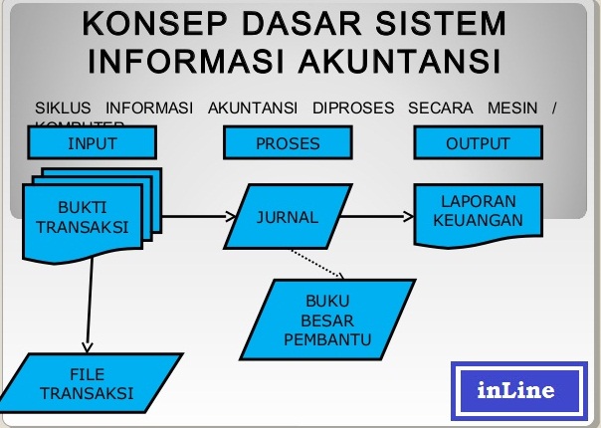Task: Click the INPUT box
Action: tap(92, 143)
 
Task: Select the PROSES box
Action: tap(288, 143)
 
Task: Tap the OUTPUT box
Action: tap(477, 143)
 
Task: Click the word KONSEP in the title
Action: tap(147, 22)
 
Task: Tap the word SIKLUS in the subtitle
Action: tap(63, 107)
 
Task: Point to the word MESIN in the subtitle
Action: tap(506, 107)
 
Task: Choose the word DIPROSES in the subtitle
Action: tap(353, 107)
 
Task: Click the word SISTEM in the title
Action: tap(438, 22)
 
